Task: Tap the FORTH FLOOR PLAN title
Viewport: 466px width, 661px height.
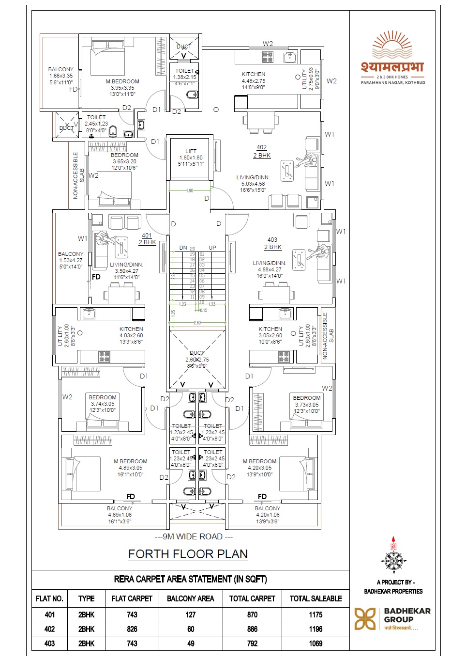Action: [x=188, y=554]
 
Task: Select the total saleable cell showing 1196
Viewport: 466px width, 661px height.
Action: [x=316, y=629]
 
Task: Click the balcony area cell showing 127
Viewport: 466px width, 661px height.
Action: [x=191, y=614]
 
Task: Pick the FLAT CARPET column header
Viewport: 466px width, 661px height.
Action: [x=132, y=598]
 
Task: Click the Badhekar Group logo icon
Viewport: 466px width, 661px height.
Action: [x=365, y=619]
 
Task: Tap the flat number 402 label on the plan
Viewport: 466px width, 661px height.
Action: [x=262, y=147]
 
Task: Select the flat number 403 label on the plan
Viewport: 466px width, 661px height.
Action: [x=272, y=240]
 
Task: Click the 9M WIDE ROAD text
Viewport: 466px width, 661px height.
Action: [x=194, y=536]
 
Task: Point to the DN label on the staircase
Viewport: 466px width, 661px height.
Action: [x=183, y=248]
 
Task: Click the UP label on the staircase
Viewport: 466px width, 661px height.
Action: [x=212, y=248]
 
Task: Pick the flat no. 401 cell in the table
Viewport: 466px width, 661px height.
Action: [x=49, y=614]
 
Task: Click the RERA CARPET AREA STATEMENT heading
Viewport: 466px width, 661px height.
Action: [x=190, y=579]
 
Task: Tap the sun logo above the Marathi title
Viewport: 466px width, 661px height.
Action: [x=392, y=45]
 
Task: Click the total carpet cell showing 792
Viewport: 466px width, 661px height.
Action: [x=252, y=644]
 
